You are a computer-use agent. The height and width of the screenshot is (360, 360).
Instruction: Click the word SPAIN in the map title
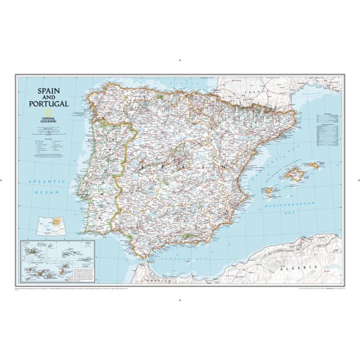click(x=48, y=90)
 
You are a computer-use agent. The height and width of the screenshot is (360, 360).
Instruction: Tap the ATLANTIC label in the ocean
click(x=47, y=182)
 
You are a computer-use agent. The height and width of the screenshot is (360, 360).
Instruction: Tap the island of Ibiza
click(x=268, y=191)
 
